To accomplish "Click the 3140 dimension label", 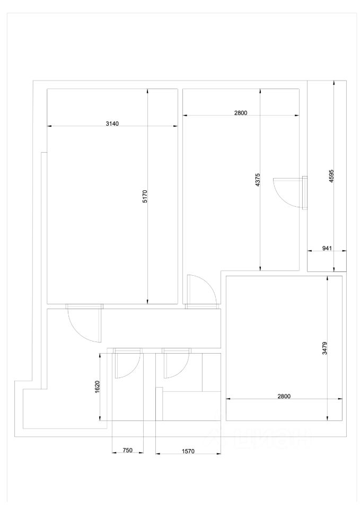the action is [x=112, y=123].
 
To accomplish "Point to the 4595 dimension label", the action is [x=331, y=177].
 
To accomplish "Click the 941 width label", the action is [x=327, y=248].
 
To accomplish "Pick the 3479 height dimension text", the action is [x=324, y=348].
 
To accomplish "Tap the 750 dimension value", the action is [x=127, y=450].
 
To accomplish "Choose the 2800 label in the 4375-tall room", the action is [x=240, y=112].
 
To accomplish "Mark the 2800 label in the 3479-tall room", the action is [x=283, y=396].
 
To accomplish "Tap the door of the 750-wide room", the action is [x=127, y=364].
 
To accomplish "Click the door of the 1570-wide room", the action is [x=175, y=364].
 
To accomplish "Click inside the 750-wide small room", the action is [x=127, y=398].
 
